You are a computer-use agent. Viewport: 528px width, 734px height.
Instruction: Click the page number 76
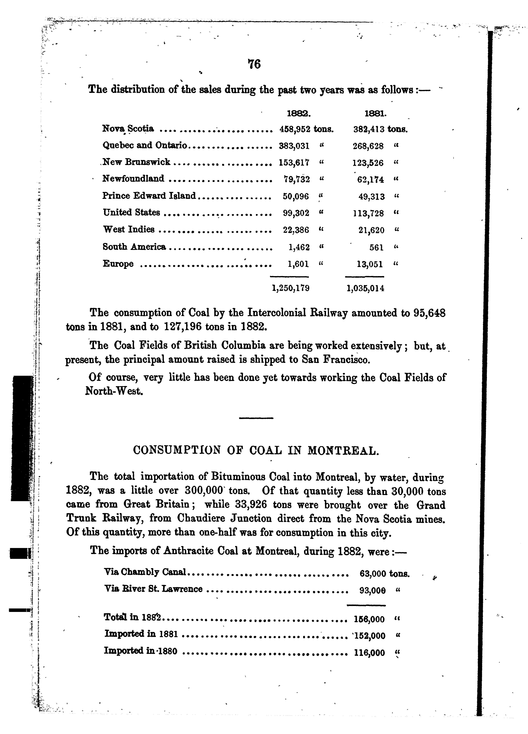pos(254,64)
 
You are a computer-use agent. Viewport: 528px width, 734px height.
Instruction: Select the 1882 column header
pos(299,114)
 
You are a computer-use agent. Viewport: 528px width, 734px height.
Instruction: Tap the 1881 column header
pos(375,114)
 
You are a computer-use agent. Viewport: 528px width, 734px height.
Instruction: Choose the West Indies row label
pos(128,229)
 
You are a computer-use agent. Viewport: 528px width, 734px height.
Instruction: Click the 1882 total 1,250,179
pos(291,288)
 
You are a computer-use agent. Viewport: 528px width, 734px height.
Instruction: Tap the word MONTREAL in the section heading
pos(342,450)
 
